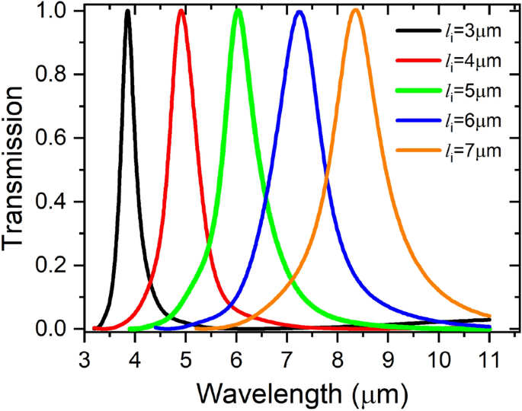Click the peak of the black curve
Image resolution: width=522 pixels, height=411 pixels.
click(127, 11)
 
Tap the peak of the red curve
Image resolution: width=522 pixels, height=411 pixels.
click(181, 11)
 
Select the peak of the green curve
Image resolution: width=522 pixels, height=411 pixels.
click(239, 11)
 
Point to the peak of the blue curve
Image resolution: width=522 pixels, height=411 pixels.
click(299, 12)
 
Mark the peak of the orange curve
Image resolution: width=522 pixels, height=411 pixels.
click(355, 11)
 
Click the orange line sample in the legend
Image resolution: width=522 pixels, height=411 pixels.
click(416, 151)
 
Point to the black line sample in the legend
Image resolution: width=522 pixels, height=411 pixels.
click(416, 31)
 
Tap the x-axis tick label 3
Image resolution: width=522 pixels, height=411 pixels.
click(85, 357)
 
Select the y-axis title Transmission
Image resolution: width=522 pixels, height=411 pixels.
click(17, 170)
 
